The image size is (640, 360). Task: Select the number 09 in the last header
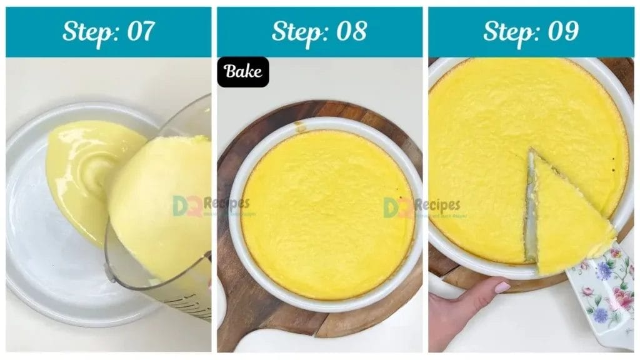(561, 31)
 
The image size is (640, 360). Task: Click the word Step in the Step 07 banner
(87, 31)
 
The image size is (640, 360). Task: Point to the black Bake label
(243, 72)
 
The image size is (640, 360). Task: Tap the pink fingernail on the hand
(502, 287)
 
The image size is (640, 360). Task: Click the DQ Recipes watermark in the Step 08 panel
(422, 207)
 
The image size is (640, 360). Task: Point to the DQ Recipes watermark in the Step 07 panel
(211, 205)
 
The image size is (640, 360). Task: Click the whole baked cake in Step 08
(327, 212)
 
